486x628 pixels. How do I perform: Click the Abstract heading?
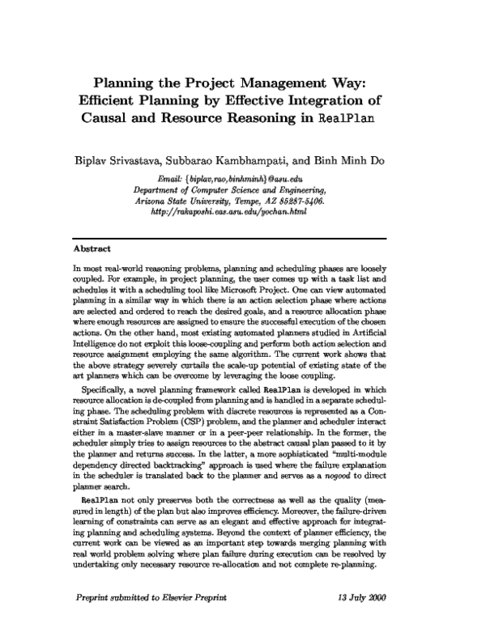92,249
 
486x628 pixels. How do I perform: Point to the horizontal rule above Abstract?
242,238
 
